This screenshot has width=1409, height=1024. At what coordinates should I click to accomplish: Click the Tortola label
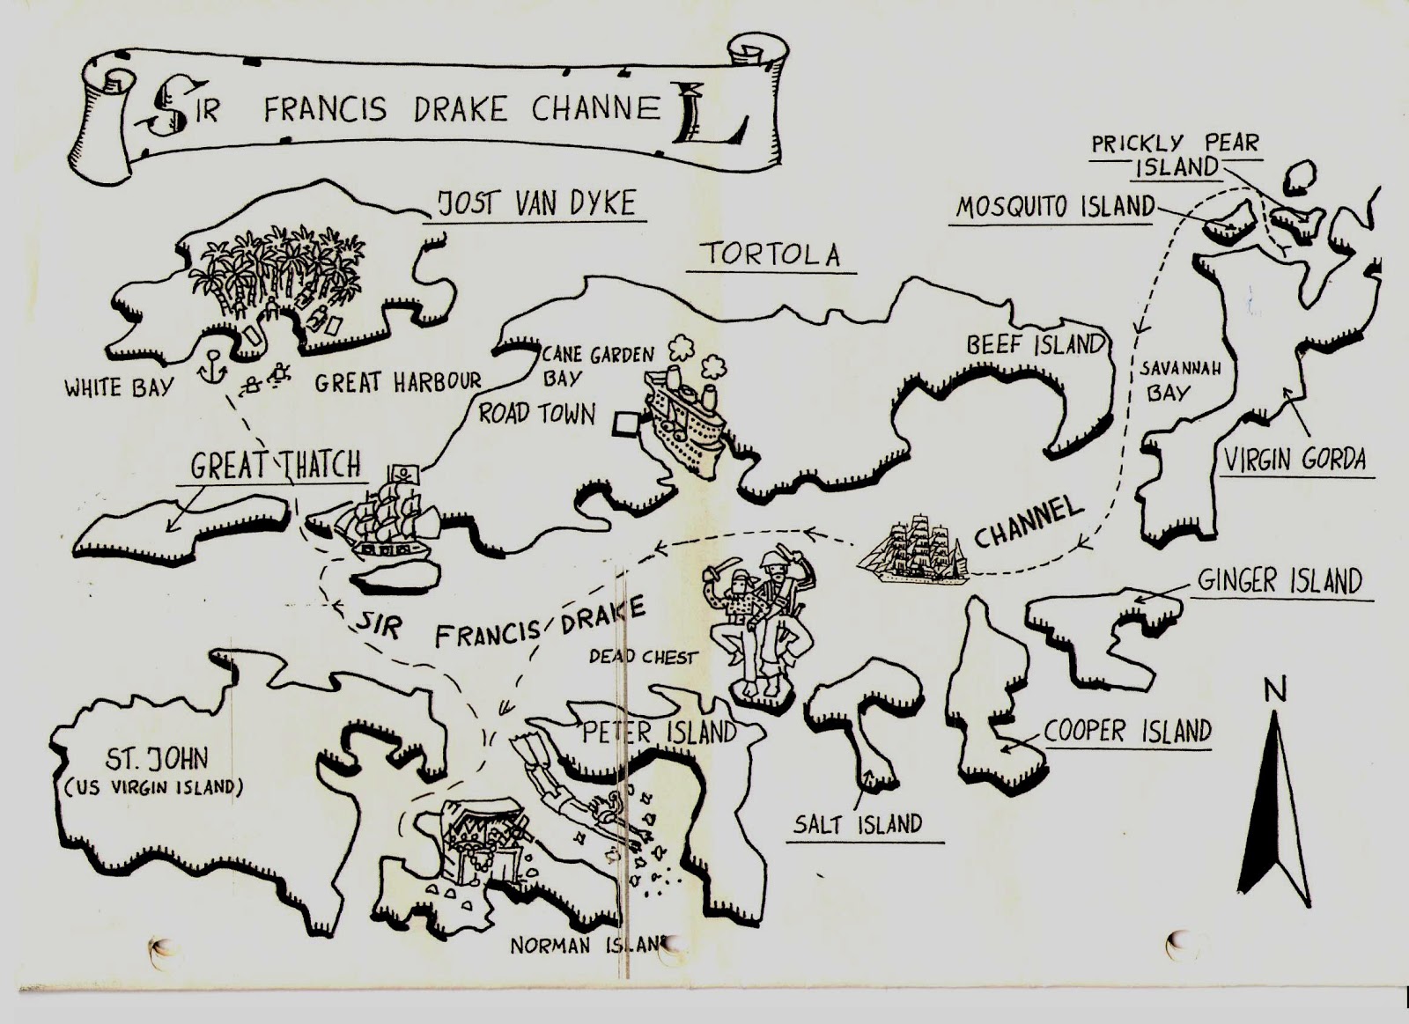click(770, 254)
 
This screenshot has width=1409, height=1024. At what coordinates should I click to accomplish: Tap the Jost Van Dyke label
click(536, 203)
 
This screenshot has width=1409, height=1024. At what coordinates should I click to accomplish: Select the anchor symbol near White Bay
click(211, 365)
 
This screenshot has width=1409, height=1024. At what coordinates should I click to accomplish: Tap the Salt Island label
click(857, 824)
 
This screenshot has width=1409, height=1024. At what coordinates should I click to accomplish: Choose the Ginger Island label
click(1279, 581)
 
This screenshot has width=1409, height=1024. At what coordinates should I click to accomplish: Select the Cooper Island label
click(1127, 731)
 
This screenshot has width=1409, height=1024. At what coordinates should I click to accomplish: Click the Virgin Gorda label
click(1294, 459)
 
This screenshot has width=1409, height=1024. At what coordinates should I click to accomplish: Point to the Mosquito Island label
click(1055, 207)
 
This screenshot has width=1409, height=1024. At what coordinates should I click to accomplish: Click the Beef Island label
click(1035, 344)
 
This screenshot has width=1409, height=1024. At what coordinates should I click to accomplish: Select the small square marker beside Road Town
click(623, 424)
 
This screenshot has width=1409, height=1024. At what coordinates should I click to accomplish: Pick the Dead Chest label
click(643, 657)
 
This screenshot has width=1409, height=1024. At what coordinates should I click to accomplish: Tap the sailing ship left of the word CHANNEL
click(913, 549)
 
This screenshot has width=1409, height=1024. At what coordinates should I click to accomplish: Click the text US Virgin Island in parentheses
click(152, 787)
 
